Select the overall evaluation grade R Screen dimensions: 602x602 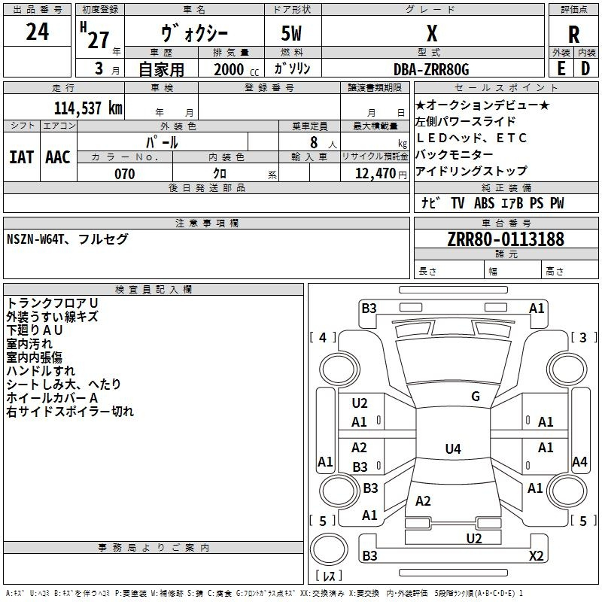(x=573, y=35)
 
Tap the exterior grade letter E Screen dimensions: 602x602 (x=561, y=67)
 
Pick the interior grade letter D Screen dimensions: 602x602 (x=585, y=67)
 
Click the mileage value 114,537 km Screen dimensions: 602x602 (x=88, y=108)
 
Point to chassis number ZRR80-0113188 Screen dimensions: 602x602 (x=506, y=240)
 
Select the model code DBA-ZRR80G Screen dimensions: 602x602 (x=431, y=69)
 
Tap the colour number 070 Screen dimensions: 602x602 (x=124, y=174)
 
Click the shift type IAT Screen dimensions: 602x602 (x=21, y=157)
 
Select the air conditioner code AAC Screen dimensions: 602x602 (x=58, y=157)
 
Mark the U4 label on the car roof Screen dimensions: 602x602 (x=452, y=449)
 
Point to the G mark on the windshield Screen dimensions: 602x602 (x=476, y=397)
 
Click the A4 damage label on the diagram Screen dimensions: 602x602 (x=579, y=462)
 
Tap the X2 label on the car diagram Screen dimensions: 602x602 (x=536, y=556)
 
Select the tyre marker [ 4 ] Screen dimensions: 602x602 (x=323, y=338)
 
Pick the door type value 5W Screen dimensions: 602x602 (x=293, y=35)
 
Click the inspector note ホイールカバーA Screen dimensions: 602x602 (x=52, y=397)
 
